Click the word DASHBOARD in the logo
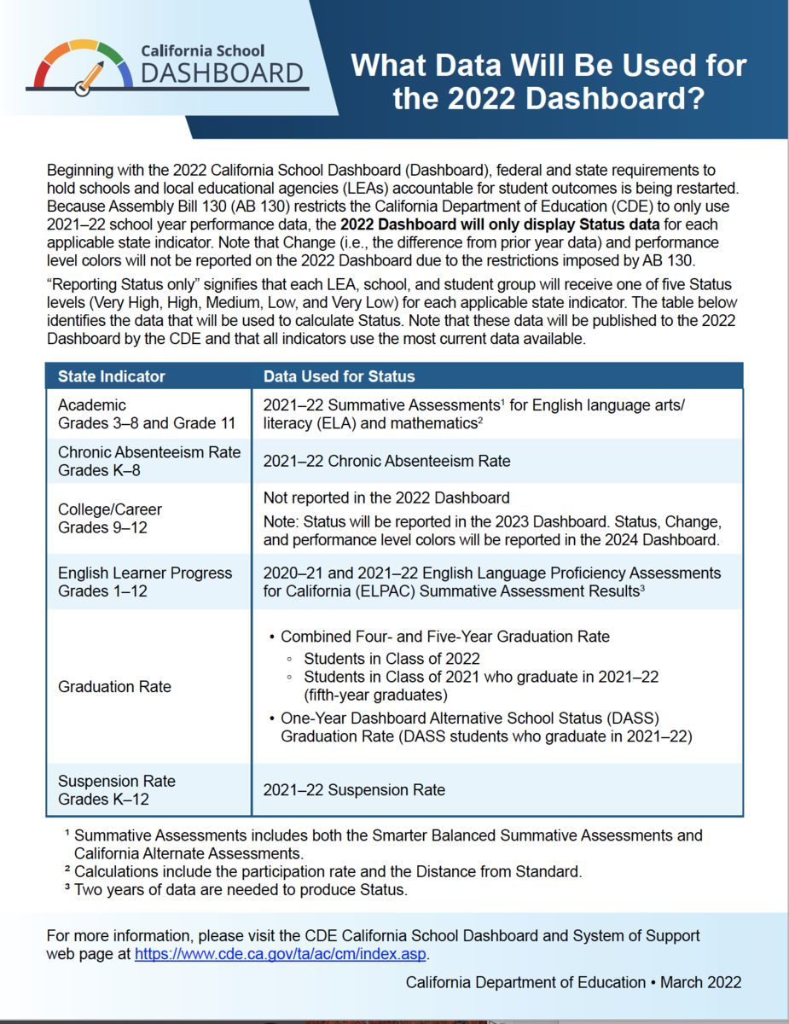click(223, 74)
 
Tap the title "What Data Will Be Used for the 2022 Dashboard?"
click(549, 82)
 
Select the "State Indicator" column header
click(112, 376)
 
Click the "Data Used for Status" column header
click(339, 376)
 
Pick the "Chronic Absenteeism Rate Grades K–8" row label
click(149, 461)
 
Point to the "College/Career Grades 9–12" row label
click(110, 518)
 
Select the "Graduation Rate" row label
click(114, 686)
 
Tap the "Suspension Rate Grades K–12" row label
click(117, 789)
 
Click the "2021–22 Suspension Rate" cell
click(354, 790)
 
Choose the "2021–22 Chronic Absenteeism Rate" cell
click(386, 461)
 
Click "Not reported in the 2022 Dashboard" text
click(386, 497)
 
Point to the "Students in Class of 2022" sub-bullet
click(392, 658)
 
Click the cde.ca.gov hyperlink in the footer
click(281, 954)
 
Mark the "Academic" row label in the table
click(92, 404)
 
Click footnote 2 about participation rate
click(328, 871)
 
